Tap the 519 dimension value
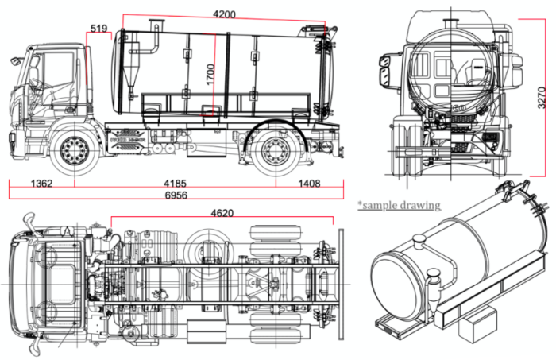pos(99,29)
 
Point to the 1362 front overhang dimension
pos(41,184)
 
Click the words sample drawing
pos(400,205)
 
